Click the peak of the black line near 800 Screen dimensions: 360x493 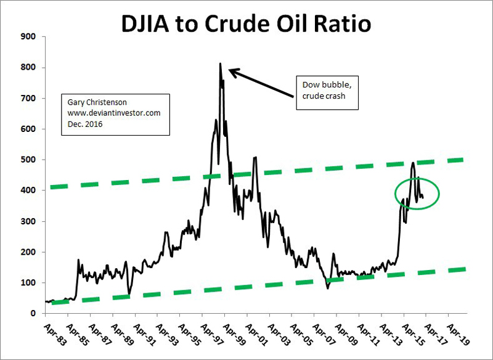point(221,63)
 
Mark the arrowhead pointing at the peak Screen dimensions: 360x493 point(232,71)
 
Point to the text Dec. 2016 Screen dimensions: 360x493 point(82,123)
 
